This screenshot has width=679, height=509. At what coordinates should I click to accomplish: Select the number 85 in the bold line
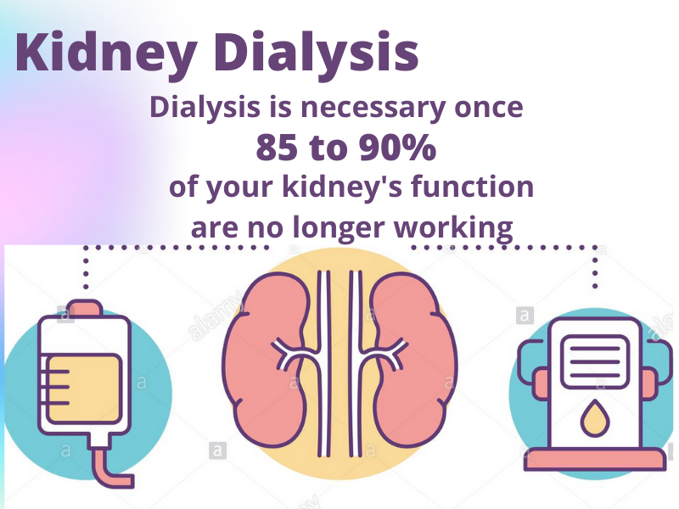(277, 147)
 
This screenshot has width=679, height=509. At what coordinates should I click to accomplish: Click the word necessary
(373, 108)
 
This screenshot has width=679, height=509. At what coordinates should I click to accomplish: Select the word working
(453, 227)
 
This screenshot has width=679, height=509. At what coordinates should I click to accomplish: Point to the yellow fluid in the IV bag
(82, 389)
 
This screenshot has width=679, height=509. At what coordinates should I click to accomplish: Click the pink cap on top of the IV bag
(86, 308)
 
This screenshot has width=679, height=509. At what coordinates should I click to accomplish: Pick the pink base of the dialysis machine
(595, 460)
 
